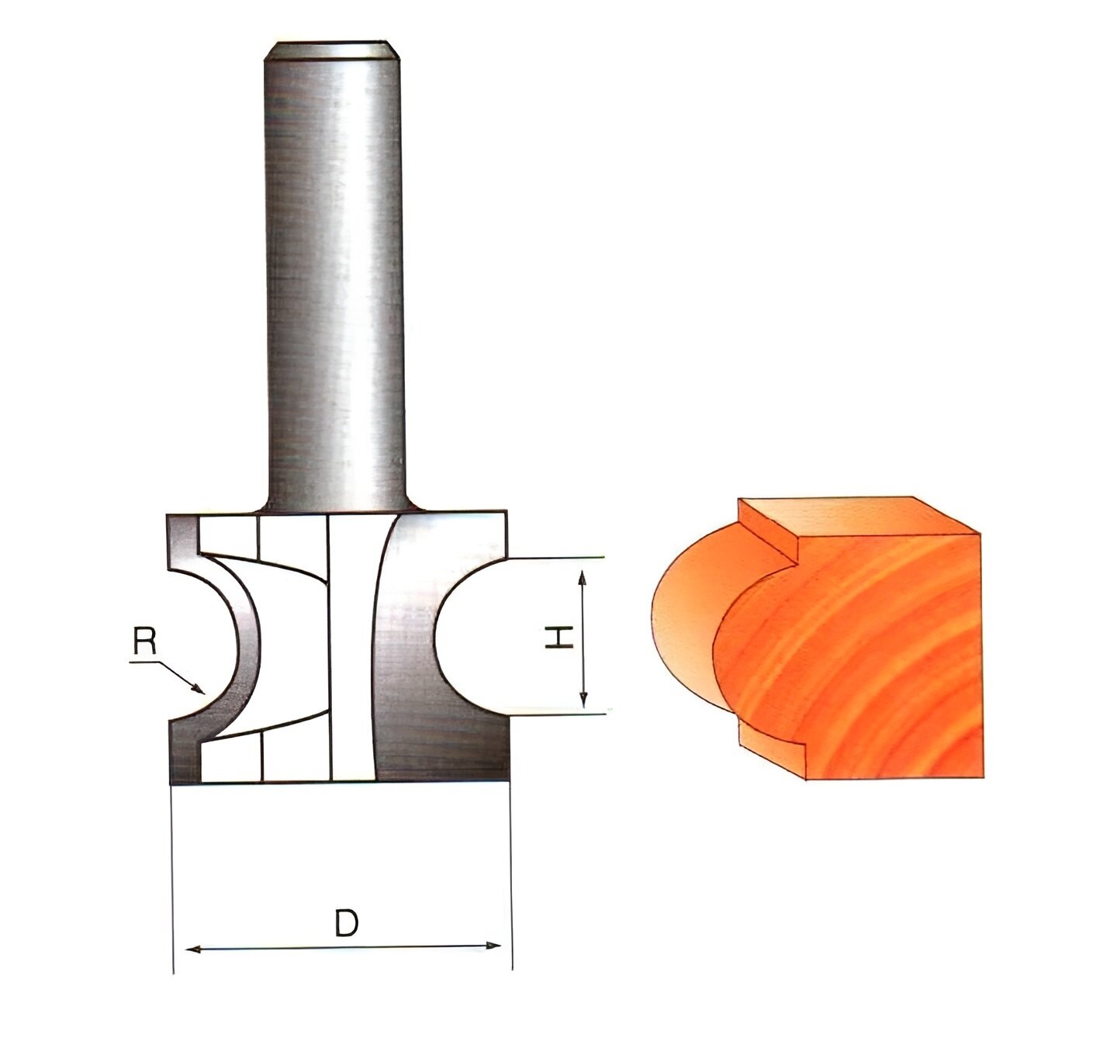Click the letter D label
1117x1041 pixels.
(x=346, y=924)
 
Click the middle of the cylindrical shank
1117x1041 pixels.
(x=334, y=271)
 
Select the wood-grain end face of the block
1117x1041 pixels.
(x=877, y=659)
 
